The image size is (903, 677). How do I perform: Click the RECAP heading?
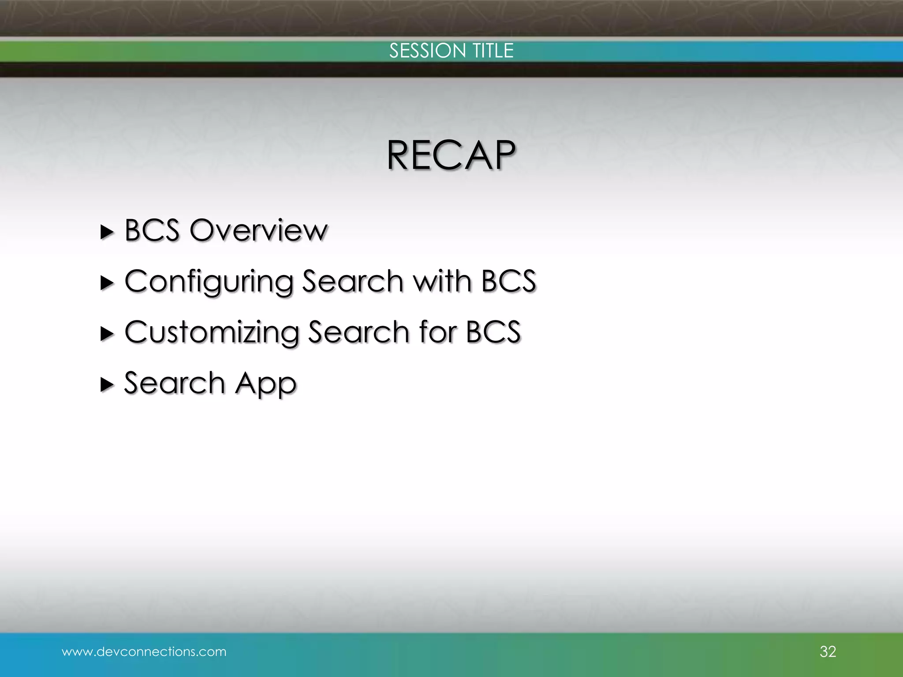tap(451, 155)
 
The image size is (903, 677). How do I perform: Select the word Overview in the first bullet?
tap(259, 230)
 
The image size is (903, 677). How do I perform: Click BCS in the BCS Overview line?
tap(152, 230)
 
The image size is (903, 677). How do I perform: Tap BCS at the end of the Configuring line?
tap(508, 281)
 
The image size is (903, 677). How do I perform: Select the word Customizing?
tap(212, 332)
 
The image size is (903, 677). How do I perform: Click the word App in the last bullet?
tap(266, 383)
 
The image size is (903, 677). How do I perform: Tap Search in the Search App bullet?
tap(175, 383)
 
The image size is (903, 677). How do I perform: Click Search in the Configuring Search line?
tap(352, 281)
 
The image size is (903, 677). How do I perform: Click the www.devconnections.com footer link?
tap(144, 651)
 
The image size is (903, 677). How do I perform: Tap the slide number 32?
tap(828, 651)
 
